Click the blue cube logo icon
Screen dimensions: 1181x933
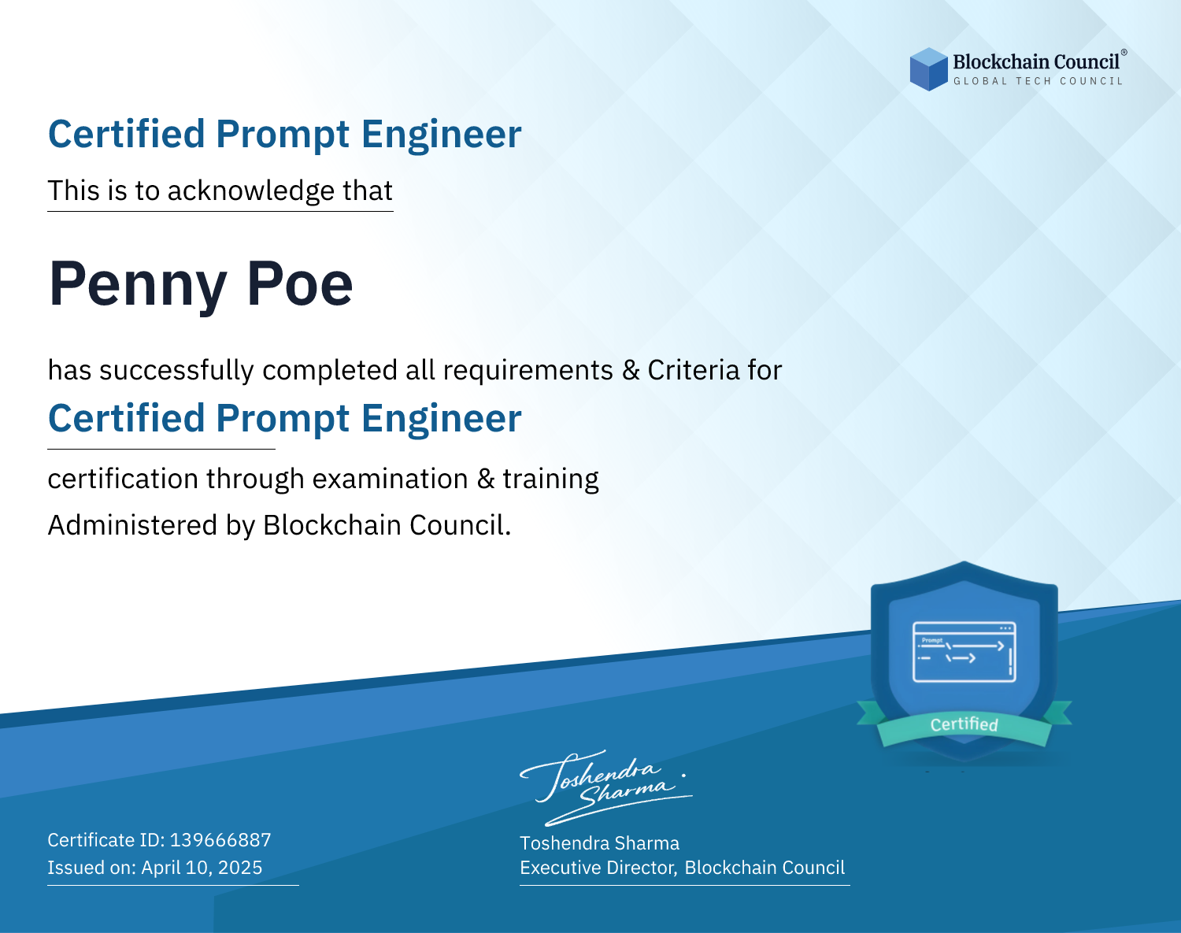coord(928,69)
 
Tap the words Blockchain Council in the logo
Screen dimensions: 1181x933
coord(1036,62)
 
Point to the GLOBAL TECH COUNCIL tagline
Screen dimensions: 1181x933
coord(1038,81)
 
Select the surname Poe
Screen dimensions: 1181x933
coord(300,283)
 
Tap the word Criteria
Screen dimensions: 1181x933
coord(693,370)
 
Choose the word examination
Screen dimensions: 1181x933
coord(390,479)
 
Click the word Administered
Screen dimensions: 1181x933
coord(132,525)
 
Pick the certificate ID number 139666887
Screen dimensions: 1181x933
coord(220,840)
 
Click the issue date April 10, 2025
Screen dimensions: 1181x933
coord(202,868)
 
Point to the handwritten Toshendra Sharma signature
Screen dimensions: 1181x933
coord(606,787)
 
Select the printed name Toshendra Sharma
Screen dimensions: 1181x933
coord(599,843)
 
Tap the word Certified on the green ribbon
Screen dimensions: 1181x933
coord(964,724)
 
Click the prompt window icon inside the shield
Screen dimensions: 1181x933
coord(964,652)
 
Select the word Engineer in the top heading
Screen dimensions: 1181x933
coord(441,135)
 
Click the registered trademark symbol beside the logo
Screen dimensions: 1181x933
coord(1124,52)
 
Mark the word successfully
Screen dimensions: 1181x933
coord(176,371)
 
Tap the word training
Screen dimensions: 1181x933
coord(550,479)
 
